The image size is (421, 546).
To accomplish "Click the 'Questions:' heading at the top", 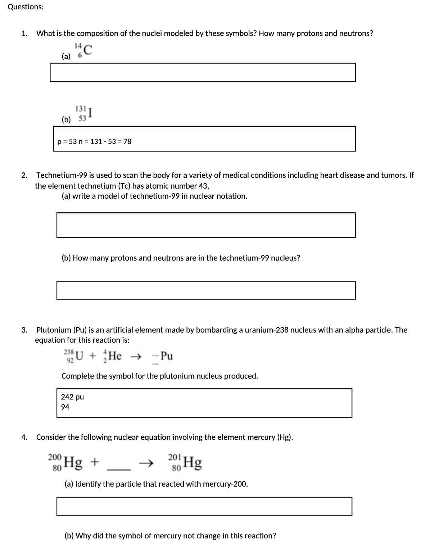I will click(26, 7).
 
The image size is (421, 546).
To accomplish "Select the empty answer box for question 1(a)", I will click(203, 72).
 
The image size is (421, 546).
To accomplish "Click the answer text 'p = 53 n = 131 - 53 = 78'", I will click(94, 141).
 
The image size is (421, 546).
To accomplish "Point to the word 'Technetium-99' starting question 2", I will click(62, 175).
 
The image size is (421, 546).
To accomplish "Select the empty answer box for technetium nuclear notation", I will click(206, 225).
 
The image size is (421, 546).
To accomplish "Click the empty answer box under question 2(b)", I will click(206, 290).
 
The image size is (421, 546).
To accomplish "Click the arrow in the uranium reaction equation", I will click(135, 357).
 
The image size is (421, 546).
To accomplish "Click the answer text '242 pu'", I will click(72, 397).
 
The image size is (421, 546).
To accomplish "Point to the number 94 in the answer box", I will click(65, 407).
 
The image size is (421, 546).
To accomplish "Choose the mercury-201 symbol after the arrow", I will click(185, 462).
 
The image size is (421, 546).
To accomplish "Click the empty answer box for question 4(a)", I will click(204, 506).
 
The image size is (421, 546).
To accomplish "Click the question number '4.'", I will click(24, 437).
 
